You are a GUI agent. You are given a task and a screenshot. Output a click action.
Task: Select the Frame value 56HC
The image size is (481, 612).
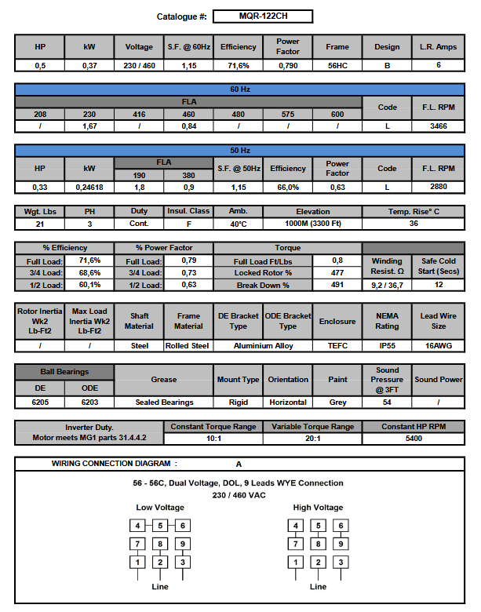tap(337, 66)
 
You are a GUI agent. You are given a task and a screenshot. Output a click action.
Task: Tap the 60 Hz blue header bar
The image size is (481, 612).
tap(240, 89)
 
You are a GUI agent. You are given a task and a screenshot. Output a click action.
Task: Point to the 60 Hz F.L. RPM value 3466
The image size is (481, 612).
tap(439, 126)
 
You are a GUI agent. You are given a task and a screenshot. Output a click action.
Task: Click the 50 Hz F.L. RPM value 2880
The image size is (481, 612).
tap(439, 188)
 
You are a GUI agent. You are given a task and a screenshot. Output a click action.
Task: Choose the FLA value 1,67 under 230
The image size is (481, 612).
tap(89, 126)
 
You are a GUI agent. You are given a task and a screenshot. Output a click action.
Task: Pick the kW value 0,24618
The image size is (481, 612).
tap(89, 188)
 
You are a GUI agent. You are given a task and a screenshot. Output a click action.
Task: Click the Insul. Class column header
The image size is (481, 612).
tap(188, 211)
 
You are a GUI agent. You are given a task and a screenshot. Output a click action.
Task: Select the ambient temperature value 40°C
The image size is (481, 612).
tap(238, 224)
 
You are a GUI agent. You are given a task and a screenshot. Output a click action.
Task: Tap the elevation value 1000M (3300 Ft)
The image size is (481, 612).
tap(313, 224)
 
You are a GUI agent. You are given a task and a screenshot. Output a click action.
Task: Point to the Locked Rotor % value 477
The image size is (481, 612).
tap(337, 272)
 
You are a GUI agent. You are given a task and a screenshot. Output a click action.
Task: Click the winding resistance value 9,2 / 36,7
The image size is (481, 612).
tap(387, 285)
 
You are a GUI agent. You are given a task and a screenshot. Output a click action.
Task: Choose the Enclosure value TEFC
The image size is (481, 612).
tap(337, 345)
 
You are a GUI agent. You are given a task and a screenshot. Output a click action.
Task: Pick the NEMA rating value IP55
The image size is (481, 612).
tap(387, 345)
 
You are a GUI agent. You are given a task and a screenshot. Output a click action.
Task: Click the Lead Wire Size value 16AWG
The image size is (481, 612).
tap(439, 345)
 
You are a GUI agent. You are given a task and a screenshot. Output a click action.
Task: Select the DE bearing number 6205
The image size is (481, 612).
tap(40, 402)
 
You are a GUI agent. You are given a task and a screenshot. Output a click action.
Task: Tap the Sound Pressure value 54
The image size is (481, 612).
tap(387, 402)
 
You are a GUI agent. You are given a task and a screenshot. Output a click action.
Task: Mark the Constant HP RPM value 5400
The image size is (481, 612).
tap(414, 439)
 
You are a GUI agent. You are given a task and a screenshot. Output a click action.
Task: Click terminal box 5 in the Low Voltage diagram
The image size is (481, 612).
tap(160, 526)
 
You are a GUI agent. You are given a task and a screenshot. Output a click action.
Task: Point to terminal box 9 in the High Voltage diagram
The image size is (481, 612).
tap(340, 543)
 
